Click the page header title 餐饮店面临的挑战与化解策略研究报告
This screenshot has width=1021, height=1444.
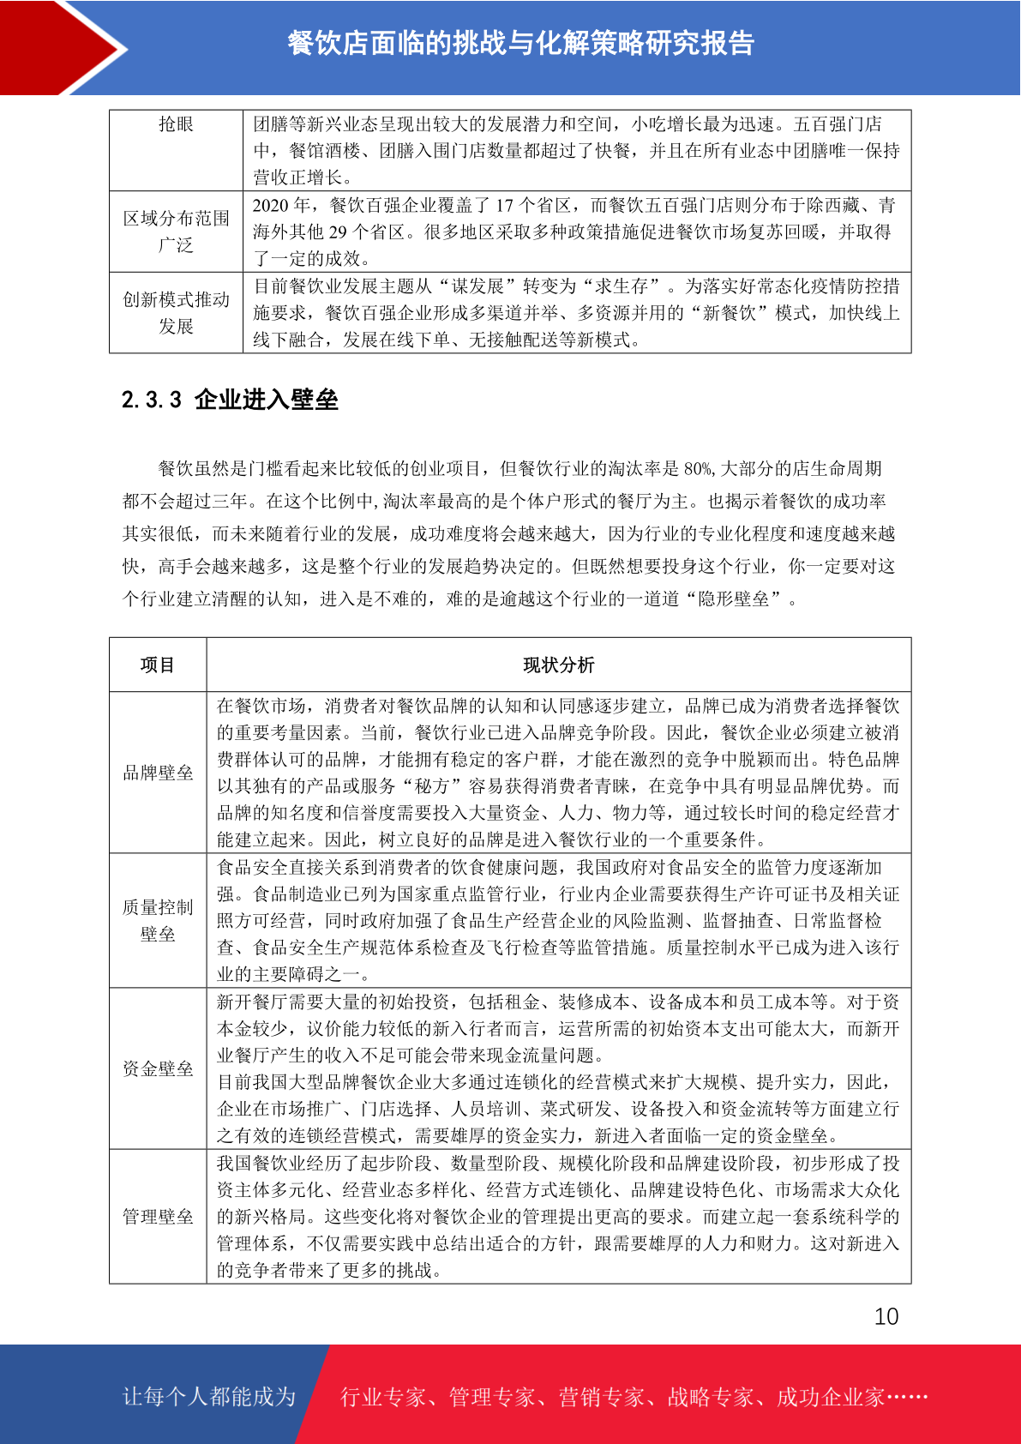click(520, 43)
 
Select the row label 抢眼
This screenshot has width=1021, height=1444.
click(176, 124)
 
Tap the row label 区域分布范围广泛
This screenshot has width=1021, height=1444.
click(176, 232)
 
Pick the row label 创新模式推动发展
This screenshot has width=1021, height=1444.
click(176, 312)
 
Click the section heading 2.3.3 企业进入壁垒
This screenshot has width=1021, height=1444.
click(230, 400)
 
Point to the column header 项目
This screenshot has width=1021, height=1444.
click(158, 665)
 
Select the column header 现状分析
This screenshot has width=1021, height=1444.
click(558, 665)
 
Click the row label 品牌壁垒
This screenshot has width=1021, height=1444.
click(158, 773)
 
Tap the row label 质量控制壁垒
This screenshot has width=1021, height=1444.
click(158, 920)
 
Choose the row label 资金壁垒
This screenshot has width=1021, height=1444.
click(158, 1068)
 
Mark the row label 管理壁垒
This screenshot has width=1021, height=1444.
click(158, 1216)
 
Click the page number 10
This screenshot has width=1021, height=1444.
click(886, 1317)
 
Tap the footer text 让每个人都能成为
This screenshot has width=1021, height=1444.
click(209, 1397)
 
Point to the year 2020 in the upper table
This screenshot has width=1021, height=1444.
click(272, 205)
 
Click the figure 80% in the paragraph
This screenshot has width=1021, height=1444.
click(698, 469)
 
